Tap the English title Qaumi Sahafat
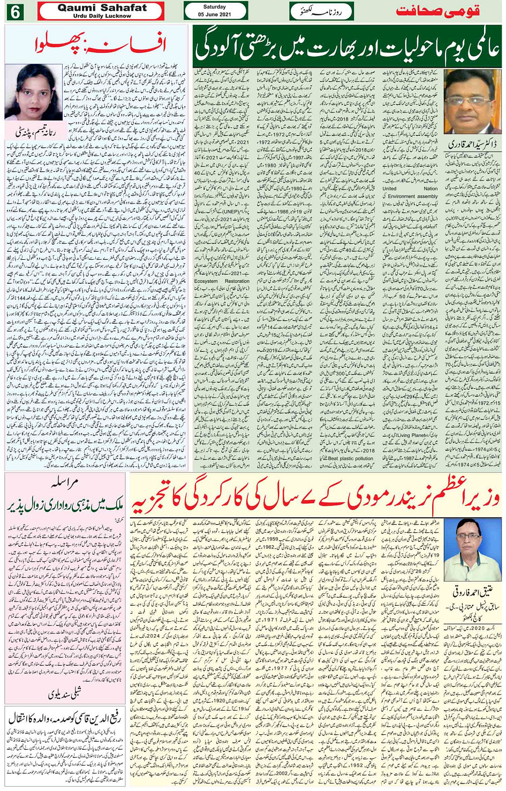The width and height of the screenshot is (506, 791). [102, 7]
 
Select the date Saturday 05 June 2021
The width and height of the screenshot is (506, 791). [215, 11]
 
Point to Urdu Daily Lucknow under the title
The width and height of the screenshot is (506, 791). [102, 16]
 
